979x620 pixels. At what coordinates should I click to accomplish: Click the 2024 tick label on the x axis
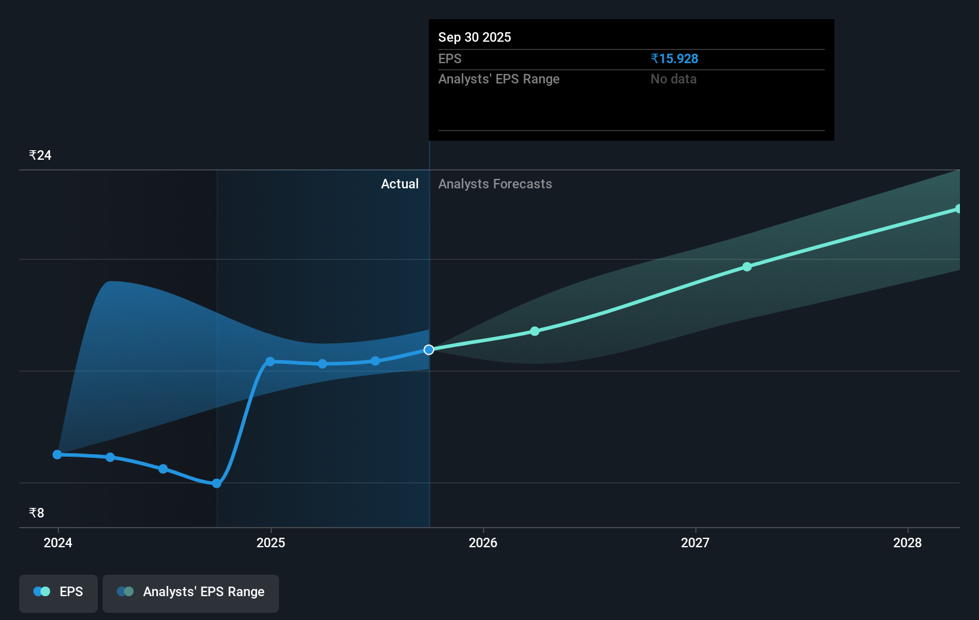[58, 542]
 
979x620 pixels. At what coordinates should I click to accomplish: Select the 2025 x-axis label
[271, 542]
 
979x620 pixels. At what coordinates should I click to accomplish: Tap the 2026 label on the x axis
[483, 542]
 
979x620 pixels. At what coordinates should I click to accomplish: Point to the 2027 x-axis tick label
[695, 542]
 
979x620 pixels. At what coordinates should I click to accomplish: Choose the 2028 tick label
[907, 542]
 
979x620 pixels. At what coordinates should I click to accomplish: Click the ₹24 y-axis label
[41, 156]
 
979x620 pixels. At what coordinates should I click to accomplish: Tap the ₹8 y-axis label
[36, 513]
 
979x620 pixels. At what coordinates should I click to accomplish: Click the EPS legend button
[58, 592]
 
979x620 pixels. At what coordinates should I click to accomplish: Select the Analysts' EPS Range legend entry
[191, 592]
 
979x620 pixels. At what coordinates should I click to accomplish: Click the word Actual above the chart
[399, 184]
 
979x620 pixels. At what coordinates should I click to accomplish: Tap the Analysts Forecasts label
[495, 184]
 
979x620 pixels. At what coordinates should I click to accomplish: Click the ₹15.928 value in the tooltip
[674, 59]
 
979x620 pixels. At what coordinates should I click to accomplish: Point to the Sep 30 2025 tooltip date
[475, 38]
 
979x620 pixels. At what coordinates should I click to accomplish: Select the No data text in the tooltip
[673, 79]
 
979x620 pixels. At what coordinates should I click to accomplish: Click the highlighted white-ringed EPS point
[429, 350]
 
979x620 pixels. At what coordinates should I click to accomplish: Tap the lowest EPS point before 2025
[217, 483]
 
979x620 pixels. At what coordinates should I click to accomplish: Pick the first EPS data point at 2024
[57, 454]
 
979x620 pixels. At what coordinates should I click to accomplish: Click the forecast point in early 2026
[535, 331]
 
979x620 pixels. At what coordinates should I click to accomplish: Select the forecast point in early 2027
[747, 267]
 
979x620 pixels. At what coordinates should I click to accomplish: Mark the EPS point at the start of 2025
[270, 362]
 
